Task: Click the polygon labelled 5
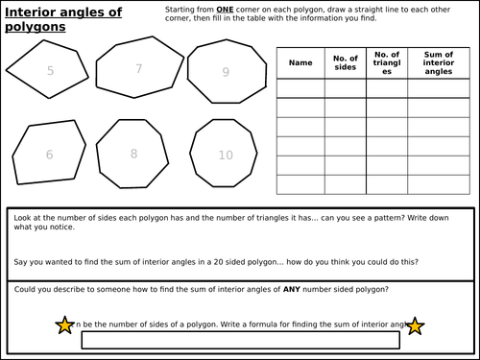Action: pyautogui.click(x=50, y=71)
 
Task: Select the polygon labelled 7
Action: pyautogui.click(x=139, y=69)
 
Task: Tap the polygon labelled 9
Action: pyautogui.click(x=225, y=72)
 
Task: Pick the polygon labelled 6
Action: pyautogui.click(x=49, y=154)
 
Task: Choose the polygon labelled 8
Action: pyautogui.click(x=134, y=153)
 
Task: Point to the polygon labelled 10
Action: pyautogui.click(x=225, y=155)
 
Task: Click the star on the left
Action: pyautogui.click(x=64, y=326)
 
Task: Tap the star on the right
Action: pyautogui.click(x=415, y=326)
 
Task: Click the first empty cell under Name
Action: pyautogui.click(x=300, y=87)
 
